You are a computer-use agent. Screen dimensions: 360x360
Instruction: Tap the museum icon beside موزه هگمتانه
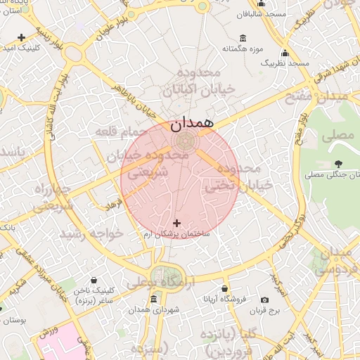pos(243,38)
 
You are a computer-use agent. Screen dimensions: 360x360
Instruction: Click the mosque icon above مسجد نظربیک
pos(285,53)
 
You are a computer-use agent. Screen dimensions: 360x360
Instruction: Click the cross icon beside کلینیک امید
pos(21,37)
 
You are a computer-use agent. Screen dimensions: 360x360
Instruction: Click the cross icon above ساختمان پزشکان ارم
pos(176,223)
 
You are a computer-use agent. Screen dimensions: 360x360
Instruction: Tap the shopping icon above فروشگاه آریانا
pos(225,288)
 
